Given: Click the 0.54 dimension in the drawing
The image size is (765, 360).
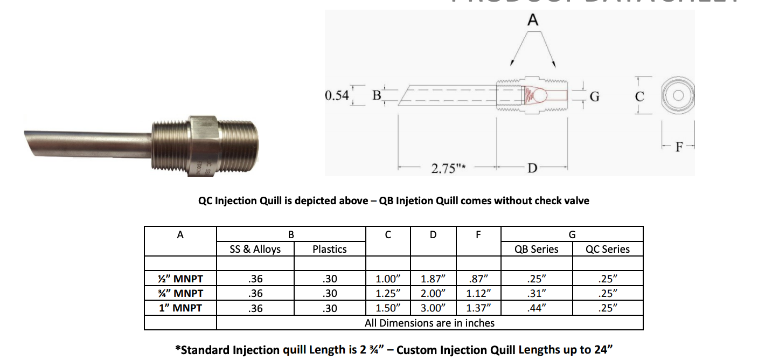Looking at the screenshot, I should click(x=337, y=96).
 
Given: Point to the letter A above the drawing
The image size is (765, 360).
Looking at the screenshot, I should click(x=532, y=20).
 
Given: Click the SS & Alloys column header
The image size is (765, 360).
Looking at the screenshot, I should click(x=255, y=249).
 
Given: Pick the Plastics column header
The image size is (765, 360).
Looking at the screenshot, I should click(x=330, y=249).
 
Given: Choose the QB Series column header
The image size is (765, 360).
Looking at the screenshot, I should click(x=537, y=249).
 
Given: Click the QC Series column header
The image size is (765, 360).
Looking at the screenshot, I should click(x=608, y=249).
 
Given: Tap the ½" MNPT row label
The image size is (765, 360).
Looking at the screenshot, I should click(x=180, y=279).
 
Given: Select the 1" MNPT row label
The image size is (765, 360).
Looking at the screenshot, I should click(x=180, y=308).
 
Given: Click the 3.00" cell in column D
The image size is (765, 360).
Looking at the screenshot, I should click(x=434, y=308).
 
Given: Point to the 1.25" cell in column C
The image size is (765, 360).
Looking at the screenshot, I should click(x=388, y=294).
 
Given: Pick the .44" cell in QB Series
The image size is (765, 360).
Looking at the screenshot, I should click(x=537, y=308).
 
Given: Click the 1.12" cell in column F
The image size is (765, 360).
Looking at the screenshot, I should click(x=478, y=294).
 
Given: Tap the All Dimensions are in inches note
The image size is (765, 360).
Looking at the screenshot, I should click(x=429, y=323).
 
